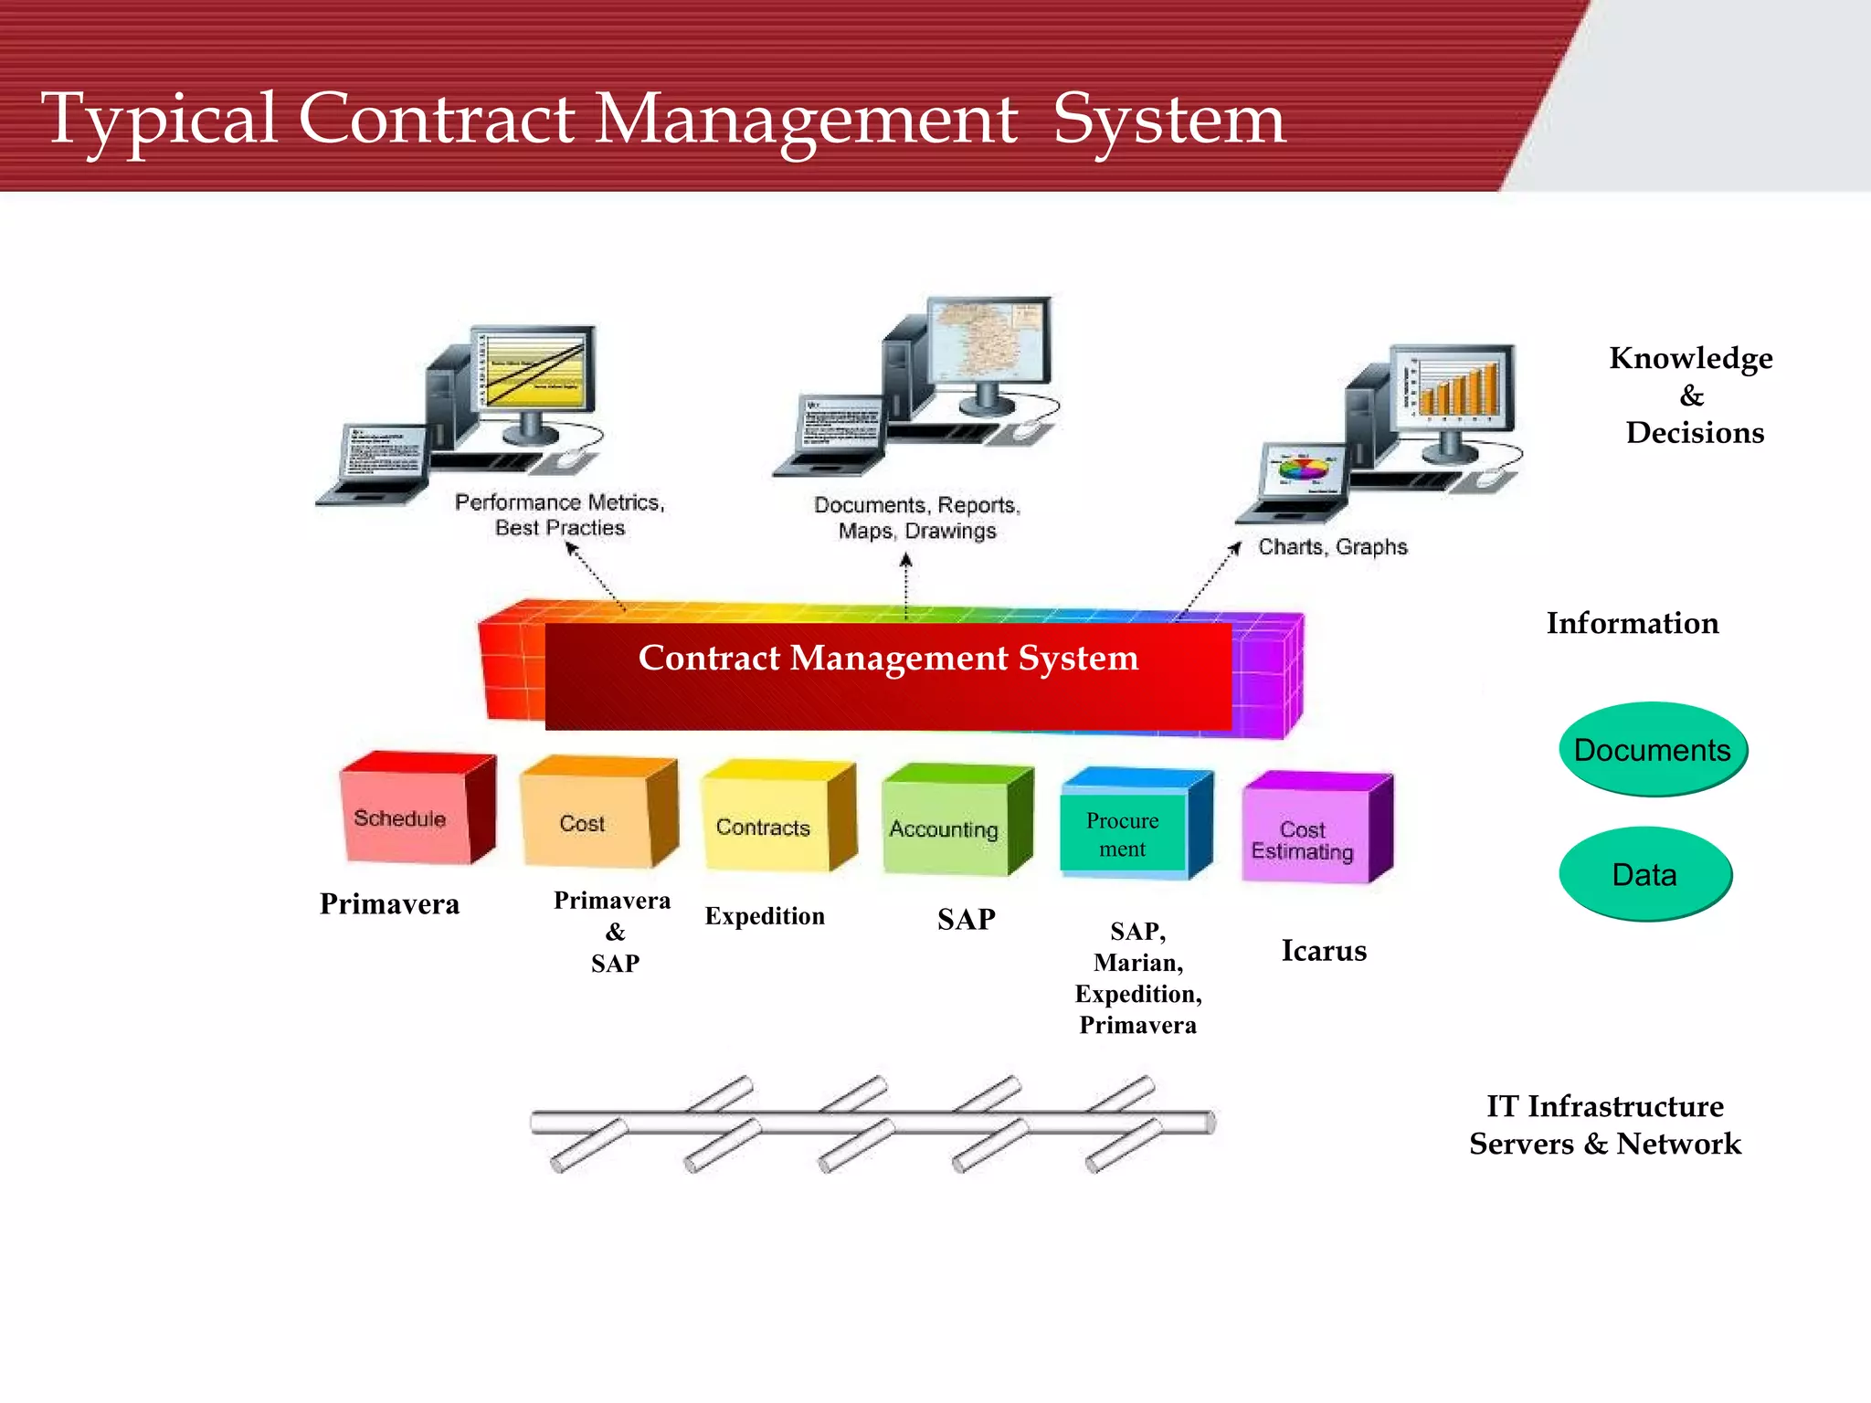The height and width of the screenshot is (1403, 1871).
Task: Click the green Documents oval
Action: point(1652,750)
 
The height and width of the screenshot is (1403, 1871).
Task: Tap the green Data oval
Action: point(1644,874)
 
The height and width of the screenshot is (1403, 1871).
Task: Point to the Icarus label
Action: point(1323,951)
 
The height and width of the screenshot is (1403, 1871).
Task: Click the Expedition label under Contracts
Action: point(765,916)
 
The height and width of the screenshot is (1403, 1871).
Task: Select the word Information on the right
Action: point(1632,623)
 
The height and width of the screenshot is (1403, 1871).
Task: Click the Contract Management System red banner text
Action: point(888,659)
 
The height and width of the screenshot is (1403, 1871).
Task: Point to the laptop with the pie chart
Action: point(1301,475)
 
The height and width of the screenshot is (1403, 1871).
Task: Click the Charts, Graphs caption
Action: point(1332,547)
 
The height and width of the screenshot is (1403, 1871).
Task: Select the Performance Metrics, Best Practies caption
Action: point(559,515)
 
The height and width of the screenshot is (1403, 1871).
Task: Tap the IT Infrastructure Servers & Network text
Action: point(1605,1124)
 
